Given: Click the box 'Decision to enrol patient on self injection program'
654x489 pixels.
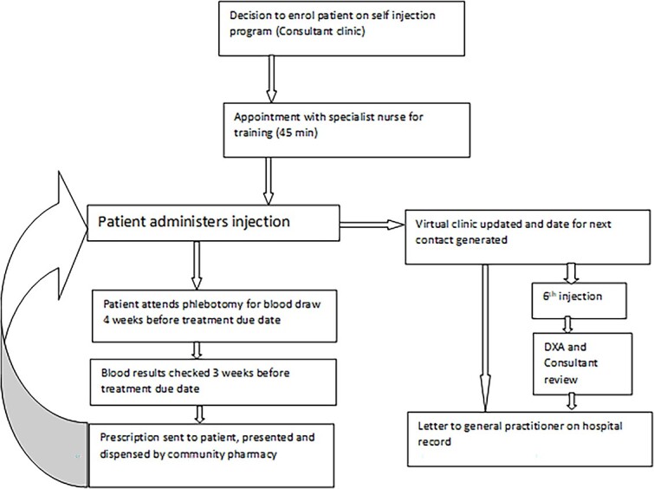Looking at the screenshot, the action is [x=341, y=29].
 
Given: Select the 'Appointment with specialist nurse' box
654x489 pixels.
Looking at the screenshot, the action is [x=346, y=130].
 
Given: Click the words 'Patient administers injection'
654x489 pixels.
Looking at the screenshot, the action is [x=193, y=221].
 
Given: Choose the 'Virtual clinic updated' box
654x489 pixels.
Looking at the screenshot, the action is [x=528, y=237].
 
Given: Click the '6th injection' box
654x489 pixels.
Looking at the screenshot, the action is [x=579, y=301].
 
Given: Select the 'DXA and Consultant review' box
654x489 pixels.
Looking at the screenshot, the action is [x=583, y=363].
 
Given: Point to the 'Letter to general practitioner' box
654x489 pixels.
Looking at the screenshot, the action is [x=529, y=439].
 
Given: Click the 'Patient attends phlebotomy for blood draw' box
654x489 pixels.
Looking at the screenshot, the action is [x=214, y=316].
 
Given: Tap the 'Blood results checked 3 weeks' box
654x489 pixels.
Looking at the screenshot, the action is [x=213, y=382].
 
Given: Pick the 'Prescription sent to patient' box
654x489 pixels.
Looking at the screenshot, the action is [x=211, y=455].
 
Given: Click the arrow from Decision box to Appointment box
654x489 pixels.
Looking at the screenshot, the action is [x=271, y=80].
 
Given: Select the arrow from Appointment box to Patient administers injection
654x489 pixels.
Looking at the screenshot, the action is [x=269, y=181].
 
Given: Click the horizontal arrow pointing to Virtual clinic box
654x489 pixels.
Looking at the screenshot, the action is [x=372, y=225].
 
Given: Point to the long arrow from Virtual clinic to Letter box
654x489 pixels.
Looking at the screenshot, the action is [x=485, y=338].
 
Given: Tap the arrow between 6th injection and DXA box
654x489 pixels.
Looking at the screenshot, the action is [x=567, y=326].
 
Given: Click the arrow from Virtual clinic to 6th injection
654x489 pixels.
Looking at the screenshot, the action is [x=571, y=273].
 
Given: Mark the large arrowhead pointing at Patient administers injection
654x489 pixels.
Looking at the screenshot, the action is [x=72, y=235].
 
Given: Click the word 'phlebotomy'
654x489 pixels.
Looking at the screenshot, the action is [x=213, y=304].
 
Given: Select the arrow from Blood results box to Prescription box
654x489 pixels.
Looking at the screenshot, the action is [x=199, y=414].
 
